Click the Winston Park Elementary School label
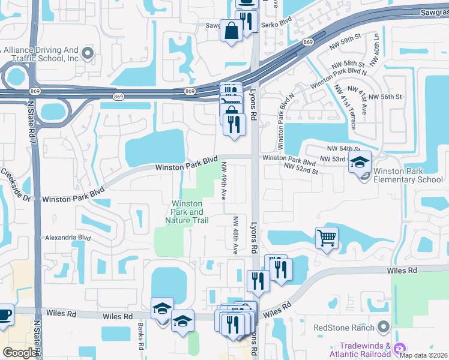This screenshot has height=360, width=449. click(x=408, y=175)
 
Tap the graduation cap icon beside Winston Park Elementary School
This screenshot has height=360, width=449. click(x=360, y=162)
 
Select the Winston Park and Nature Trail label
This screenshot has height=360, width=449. click(x=187, y=212)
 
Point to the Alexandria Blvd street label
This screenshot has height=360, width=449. click(x=68, y=238)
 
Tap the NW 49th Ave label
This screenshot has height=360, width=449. click(x=224, y=177)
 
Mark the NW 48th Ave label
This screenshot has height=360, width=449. click(x=237, y=234)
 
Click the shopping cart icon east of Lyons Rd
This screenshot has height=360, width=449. click(x=327, y=238)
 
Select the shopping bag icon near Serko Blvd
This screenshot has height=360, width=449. click(x=231, y=30)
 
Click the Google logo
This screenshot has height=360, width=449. click(x=20, y=352)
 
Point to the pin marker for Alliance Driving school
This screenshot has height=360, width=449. click(x=88, y=53)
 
